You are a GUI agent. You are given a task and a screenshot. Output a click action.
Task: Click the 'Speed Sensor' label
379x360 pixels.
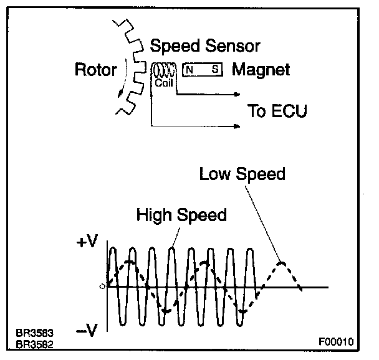pyautogui.click(x=205, y=46)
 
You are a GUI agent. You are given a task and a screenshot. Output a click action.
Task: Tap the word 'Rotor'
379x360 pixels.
pyautogui.click(x=95, y=69)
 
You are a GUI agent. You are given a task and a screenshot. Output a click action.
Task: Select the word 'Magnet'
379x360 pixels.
pyautogui.click(x=261, y=69)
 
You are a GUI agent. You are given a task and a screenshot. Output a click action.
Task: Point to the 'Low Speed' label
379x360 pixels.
pyautogui.click(x=242, y=174)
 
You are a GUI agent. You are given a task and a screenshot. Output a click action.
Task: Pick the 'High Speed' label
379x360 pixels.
pyautogui.click(x=181, y=216)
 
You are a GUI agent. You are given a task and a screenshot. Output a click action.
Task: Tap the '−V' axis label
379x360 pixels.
pyautogui.click(x=87, y=331)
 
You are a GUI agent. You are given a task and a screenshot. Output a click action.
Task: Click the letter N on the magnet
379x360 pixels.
pyautogui.click(x=189, y=70)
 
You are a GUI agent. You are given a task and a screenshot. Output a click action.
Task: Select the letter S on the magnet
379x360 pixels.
pyautogui.click(x=214, y=70)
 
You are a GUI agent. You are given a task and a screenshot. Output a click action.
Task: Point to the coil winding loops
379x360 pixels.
pyautogui.click(x=162, y=69)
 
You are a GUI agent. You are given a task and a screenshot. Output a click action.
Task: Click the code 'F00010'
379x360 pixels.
pyautogui.click(x=335, y=342)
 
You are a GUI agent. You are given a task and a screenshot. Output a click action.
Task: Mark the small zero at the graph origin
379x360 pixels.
pyautogui.click(x=100, y=287)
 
